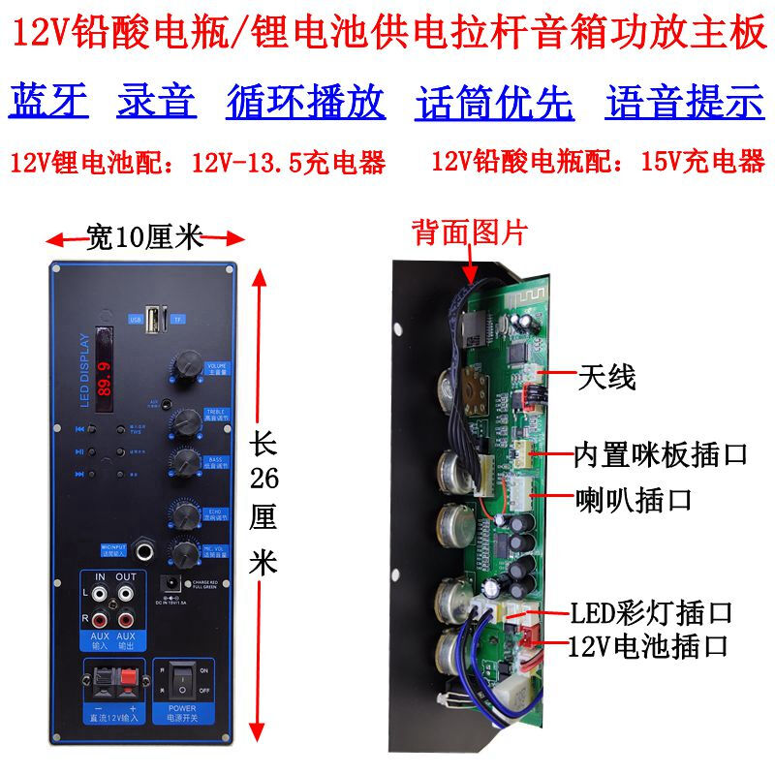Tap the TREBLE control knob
(184, 421)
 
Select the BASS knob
(184, 461)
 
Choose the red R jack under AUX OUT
(126, 616)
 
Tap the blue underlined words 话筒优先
(494, 102)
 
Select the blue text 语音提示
(685, 102)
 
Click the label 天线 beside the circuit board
(606, 377)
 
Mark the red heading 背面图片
(470, 232)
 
